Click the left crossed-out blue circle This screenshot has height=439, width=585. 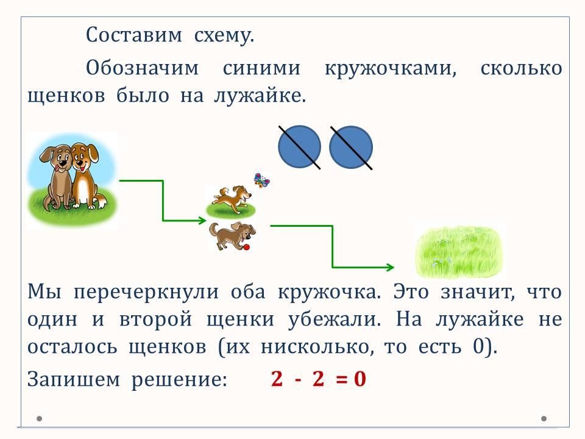click(299, 147)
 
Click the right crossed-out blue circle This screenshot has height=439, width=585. click(351, 147)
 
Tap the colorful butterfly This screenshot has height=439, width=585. click(261, 180)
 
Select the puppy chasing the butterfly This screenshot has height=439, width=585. click(232, 200)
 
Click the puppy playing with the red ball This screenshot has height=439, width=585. click(232, 235)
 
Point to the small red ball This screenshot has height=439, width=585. click(246, 247)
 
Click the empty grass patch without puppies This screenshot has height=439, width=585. click(459, 252)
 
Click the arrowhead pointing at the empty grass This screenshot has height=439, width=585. click(390, 267)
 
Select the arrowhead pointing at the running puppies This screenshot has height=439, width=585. click(202, 220)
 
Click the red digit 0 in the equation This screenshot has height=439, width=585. click(360, 379)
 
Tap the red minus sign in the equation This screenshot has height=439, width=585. click(298, 380)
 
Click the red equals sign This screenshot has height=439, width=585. click(341, 379)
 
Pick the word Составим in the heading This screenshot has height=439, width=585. click(134, 35)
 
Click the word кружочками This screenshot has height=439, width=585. click(391, 68)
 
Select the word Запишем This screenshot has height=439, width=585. click(74, 379)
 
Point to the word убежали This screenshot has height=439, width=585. click(335, 319)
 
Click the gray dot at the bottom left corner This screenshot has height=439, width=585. click(39, 418)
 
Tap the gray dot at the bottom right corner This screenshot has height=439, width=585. click(544, 418)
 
